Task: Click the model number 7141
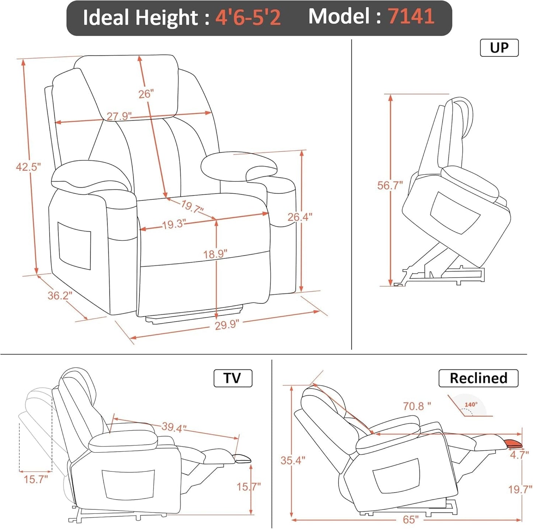(x=411, y=17)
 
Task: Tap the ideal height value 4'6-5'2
(x=248, y=17)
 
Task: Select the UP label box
(x=499, y=48)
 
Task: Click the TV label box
(x=233, y=378)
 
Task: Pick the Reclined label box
(x=478, y=378)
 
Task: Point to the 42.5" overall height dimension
(x=28, y=167)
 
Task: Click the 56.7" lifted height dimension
(x=390, y=185)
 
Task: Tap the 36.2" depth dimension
(x=60, y=295)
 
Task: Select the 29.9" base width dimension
(x=226, y=325)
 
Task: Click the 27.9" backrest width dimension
(x=119, y=116)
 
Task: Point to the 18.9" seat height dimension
(x=215, y=254)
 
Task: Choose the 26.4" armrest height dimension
(x=300, y=217)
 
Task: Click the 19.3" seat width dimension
(x=173, y=224)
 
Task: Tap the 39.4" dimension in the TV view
(x=174, y=428)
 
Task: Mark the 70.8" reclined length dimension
(x=417, y=406)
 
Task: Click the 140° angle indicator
(x=471, y=405)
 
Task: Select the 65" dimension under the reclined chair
(x=410, y=520)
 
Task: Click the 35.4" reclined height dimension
(x=293, y=460)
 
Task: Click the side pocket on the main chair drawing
(x=75, y=245)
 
